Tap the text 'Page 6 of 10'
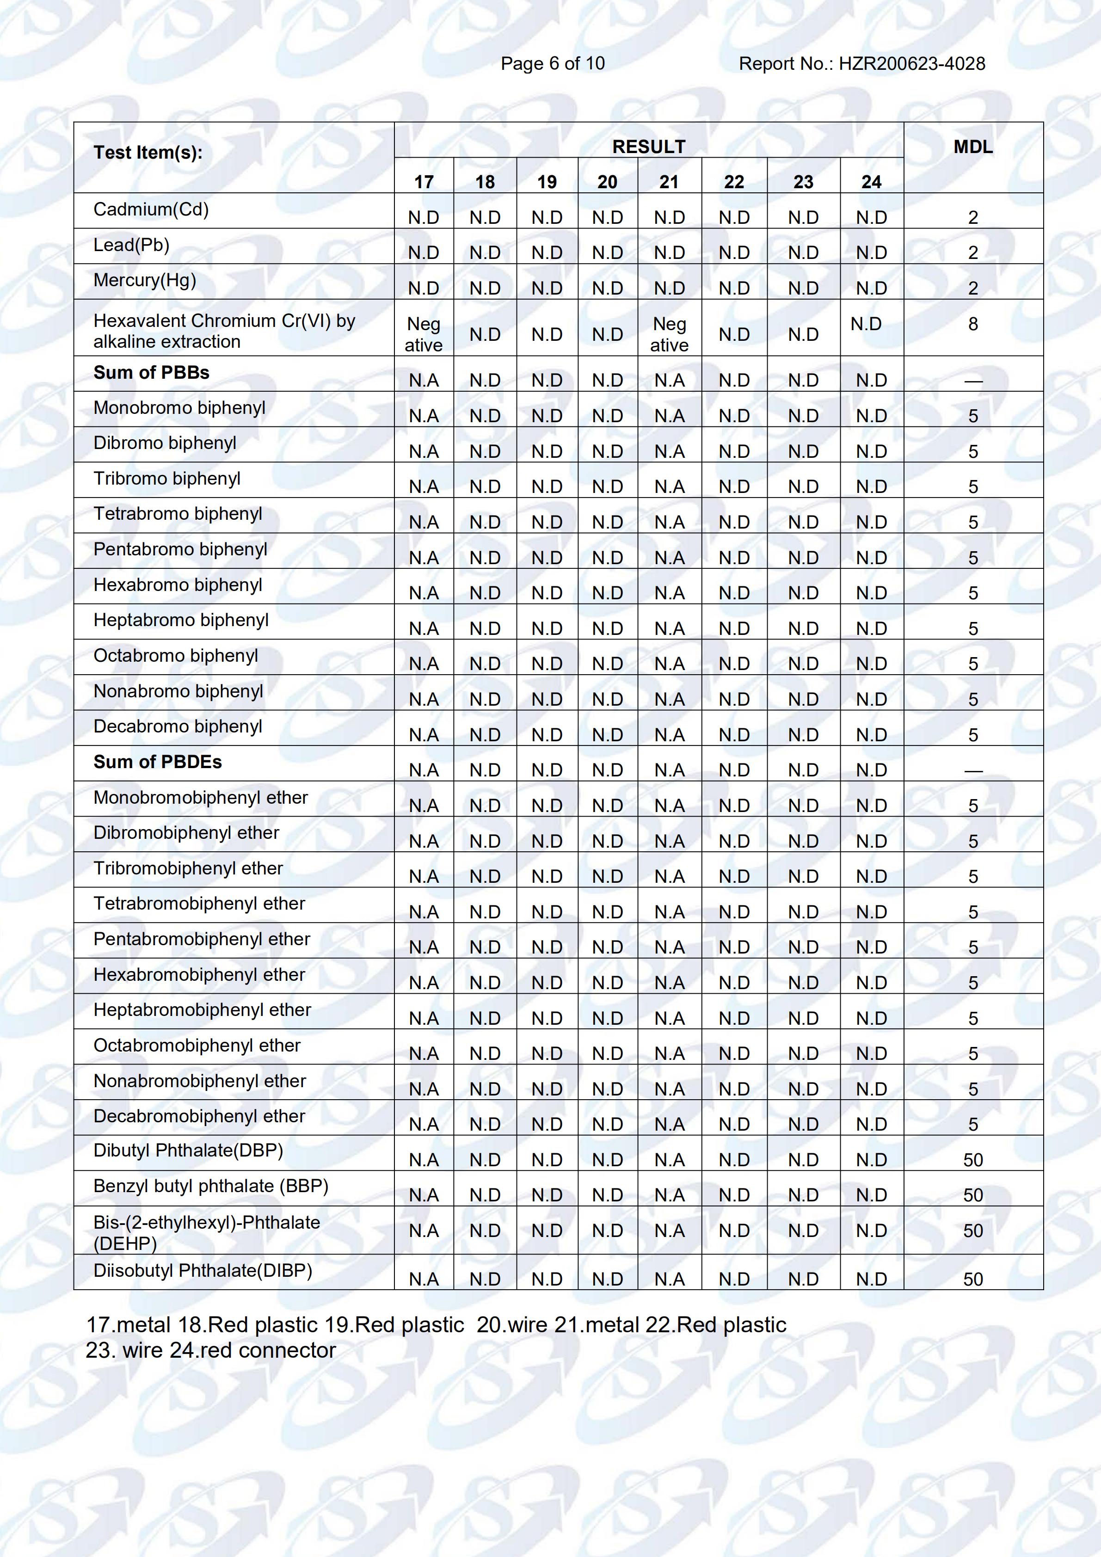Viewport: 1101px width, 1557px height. [553, 64]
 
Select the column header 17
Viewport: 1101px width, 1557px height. [424, 182]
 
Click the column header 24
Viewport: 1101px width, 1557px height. [871, 182]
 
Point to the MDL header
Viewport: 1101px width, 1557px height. [973, 147]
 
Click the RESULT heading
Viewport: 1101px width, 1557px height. [649, 147]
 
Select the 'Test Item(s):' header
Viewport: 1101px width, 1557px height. [148, 153]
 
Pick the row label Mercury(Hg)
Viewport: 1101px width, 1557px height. [144, 280]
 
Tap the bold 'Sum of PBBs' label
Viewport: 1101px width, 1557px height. [151, 372]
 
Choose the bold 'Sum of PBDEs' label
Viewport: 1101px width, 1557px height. [157, 762]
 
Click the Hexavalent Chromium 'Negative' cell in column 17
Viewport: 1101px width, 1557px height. [424, 334]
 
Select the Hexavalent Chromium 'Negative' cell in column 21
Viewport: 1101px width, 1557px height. [669, 334]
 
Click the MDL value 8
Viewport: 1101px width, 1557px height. [973, 324]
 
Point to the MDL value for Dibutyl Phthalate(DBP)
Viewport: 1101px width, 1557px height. [973, 1160]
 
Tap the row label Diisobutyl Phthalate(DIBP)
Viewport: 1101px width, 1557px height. [203, 1270]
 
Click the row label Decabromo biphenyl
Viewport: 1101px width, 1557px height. [178, 726]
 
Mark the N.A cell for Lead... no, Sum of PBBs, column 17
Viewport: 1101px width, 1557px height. [424, 381]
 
